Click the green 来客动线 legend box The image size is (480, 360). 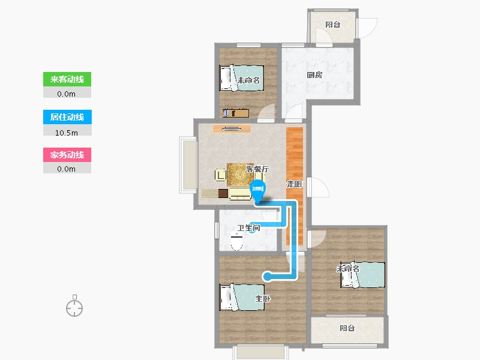tap(67, 79)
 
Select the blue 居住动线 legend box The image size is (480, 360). tap(67, 117)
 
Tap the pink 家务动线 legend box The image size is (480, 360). tap(67, 155)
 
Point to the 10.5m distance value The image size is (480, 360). tap(67, 133)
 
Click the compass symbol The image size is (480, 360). tap(74, 307)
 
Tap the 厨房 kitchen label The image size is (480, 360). tap(314, 75)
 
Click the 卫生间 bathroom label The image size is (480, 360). tap(249, 228)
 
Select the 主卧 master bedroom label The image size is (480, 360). tap(263, 298)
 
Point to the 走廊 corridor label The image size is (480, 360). tap(295, 184)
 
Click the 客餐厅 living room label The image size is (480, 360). tap(257, 169)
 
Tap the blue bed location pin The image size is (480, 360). tap(258, 191)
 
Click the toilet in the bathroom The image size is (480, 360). tap(236, 242)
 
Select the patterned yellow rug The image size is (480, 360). tap(241, 175)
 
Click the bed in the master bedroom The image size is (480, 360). tap(242, 297)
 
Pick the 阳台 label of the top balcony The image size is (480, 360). tap(333, 25)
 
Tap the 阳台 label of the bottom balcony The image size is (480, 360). tap(347, 328)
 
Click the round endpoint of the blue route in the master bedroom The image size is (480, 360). tap(267, 277)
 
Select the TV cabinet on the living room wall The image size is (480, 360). tap(232, 128)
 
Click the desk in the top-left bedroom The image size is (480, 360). tap(236, 113)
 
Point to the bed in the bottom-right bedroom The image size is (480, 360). tap(363, 275)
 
